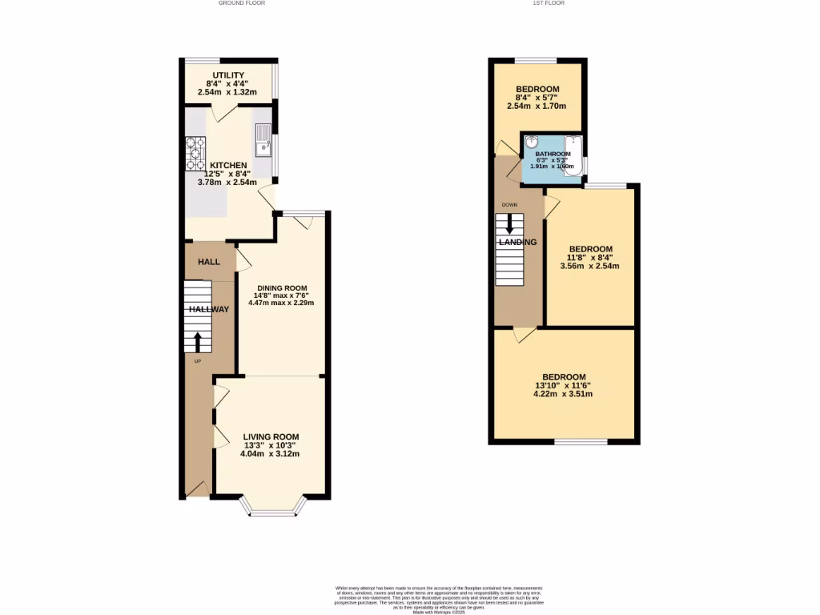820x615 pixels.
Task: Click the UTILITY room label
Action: pyautogui.click(x=228, y=74)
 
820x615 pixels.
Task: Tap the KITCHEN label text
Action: pyautogui.click(x=228, y=166)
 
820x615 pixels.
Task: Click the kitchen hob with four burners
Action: pyautogui.click(x=195, y=154)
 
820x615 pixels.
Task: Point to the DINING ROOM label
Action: pyautogui.click(x=282, y=287)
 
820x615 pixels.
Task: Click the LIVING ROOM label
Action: pyautogui.click(x=270, y=436)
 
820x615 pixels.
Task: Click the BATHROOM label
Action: pyautogui.click(x=553, y=154)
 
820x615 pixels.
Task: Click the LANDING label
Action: pyautogui.click(x=517, y=242)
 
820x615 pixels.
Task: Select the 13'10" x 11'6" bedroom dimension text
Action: pyautogui.click(x=565, y=385)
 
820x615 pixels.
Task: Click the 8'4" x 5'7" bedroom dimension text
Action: pyautogui.click(x=537, y=98)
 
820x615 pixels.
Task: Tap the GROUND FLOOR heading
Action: pyautogui.click(x=241, y=3)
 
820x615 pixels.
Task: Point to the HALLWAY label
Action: pyautogui.click(x=209, y=309)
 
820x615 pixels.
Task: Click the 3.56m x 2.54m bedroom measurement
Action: pyautogui.click(x=589, y=266)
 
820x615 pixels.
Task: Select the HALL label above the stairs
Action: pyautogui.click(x=209, y=262)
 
